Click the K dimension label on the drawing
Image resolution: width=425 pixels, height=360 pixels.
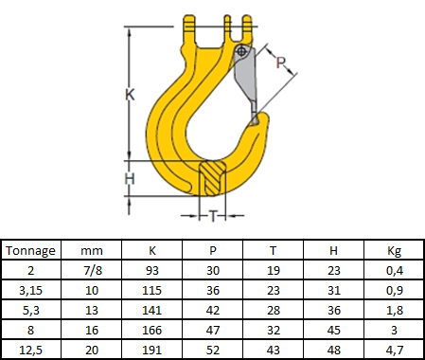coord(130,95)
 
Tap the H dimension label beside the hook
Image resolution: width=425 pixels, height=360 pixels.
coord(130,179)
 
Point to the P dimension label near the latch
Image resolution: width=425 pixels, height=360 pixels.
coord(280,63)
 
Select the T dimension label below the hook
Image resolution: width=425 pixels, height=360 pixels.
coord(213,216)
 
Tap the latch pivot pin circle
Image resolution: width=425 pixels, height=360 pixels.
coord(241,51)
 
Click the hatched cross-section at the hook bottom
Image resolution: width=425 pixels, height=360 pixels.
coord(212,178)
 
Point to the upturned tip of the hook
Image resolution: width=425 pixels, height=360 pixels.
coord(262,119)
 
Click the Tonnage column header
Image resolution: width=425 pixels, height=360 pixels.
coord(30,251)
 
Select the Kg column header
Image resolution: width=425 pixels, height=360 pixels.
coord(394,251)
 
